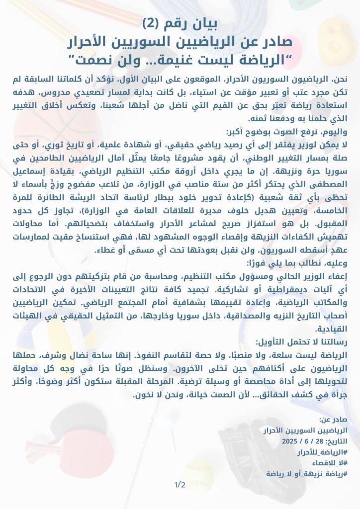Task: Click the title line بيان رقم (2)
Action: [x=180, y=23]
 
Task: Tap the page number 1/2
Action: [x=180, y=484]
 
